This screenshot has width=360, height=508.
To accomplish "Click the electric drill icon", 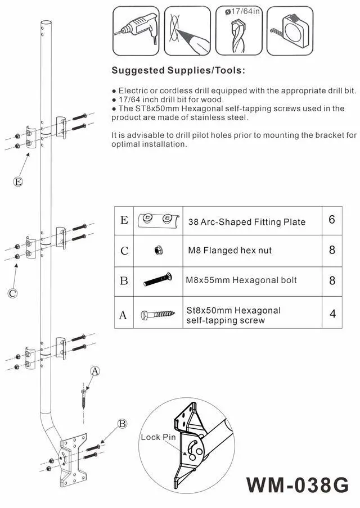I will pos(136,30).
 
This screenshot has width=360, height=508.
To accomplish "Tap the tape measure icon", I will pos(289,30).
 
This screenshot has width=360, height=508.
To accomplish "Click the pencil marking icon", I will pos(187,30).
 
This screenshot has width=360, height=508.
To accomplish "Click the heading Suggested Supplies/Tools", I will pos(178,71).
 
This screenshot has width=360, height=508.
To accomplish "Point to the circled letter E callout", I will pos(18,182).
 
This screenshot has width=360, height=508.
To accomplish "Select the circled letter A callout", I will pos(95,371).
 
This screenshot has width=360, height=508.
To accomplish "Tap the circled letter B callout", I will pos(121,424).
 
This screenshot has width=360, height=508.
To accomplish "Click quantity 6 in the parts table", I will pos(332,220).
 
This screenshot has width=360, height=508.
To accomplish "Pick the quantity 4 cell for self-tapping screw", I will pos(332,314).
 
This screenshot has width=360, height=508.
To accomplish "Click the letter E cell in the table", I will pos(124,220).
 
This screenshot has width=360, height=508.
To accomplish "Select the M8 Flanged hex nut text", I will pos(229,251).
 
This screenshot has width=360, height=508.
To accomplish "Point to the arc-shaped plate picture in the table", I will pos(157,219).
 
